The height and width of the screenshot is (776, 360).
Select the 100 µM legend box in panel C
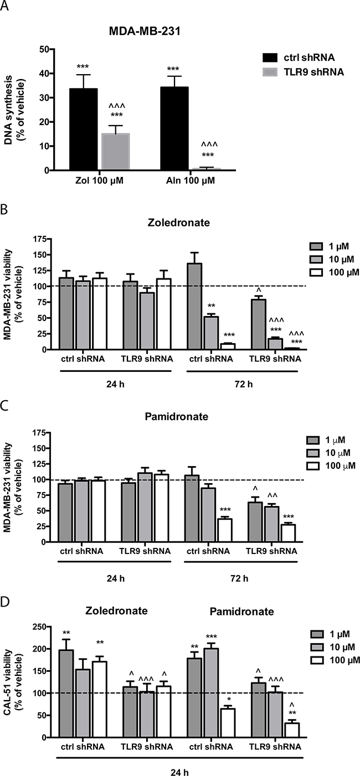313,465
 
